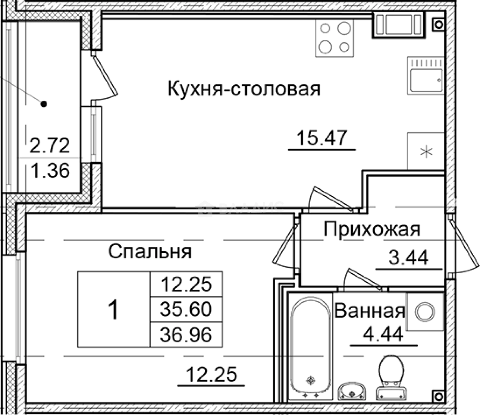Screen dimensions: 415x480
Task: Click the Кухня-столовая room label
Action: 244,89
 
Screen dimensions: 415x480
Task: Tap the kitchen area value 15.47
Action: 322,138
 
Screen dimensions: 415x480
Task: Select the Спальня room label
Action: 150,252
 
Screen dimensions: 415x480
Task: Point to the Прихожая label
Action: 372,229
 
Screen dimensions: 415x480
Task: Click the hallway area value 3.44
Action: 408,258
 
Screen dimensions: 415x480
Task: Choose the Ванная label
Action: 369,311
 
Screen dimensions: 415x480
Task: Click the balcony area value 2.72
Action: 50,146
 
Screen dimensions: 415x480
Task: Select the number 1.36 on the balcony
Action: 50,171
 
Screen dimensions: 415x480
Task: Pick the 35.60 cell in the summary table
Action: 186,309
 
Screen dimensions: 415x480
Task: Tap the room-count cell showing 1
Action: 114,310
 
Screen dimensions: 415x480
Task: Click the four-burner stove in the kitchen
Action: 334,38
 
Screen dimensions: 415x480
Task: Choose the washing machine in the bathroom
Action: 424,312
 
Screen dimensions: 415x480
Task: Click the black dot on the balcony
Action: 44,103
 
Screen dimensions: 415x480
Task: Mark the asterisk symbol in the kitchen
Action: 425,151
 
